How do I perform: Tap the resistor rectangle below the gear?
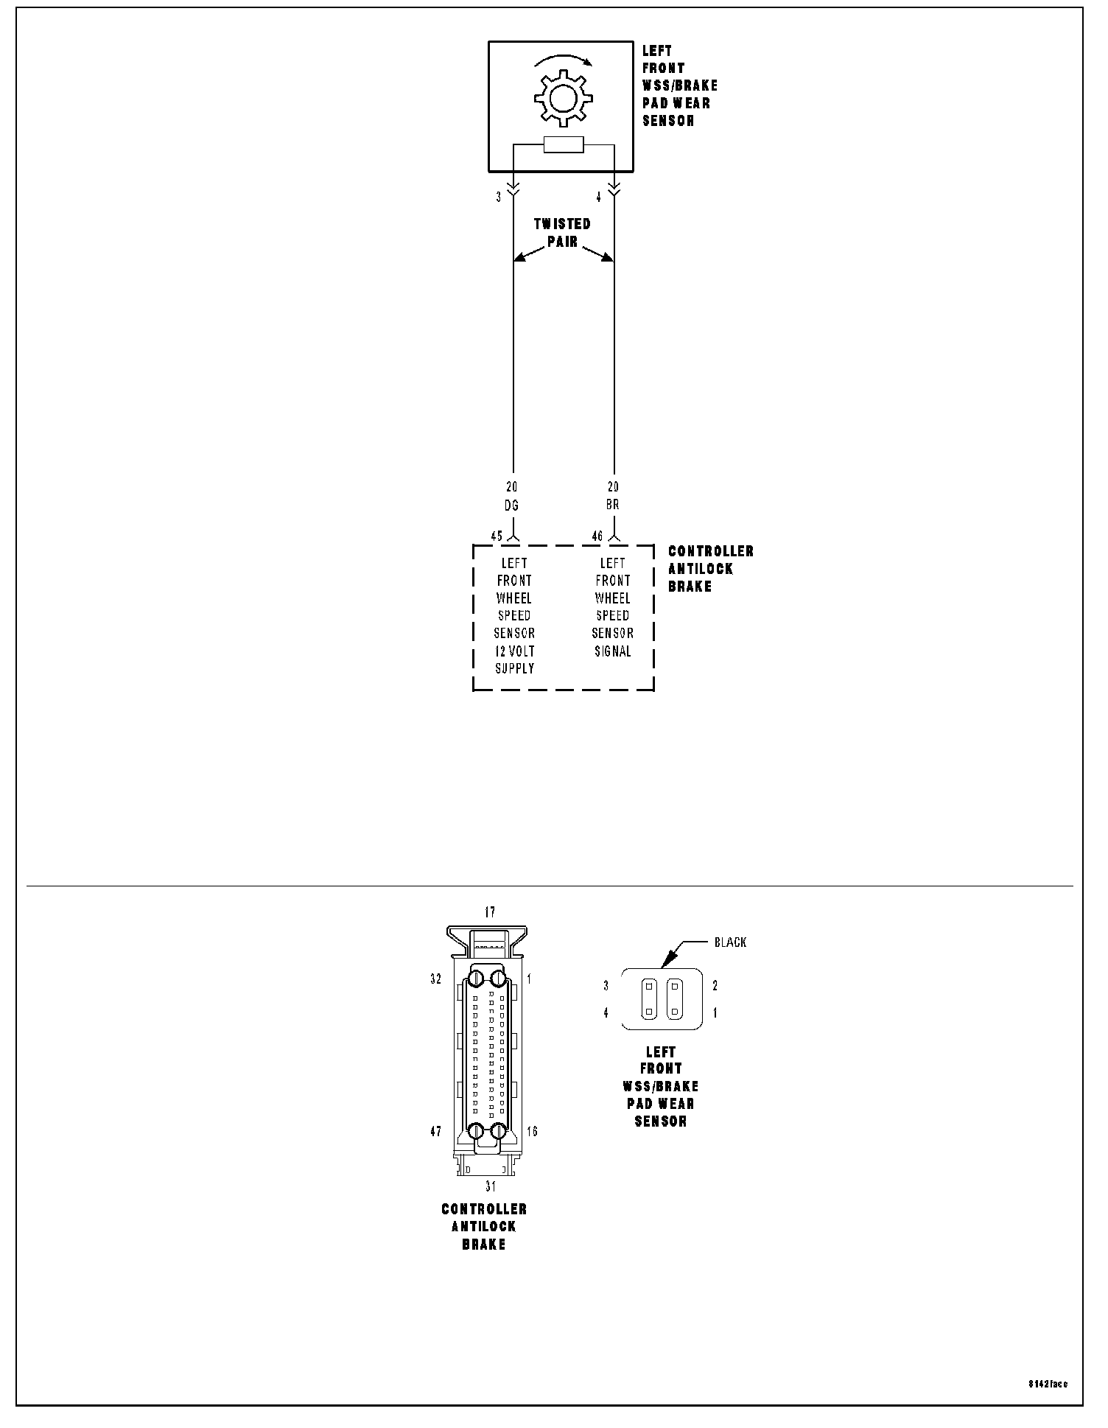click(564, 145)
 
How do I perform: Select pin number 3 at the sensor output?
click(499, 197)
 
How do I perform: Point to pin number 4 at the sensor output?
click(599, 197)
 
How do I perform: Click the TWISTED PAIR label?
click(562, 232)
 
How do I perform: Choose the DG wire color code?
click(511, 505)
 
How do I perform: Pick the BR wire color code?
click(612, 505)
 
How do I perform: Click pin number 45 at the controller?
click(497, 536)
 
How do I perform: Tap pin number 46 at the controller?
click(597, 536)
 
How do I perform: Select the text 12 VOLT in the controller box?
click(514, 651)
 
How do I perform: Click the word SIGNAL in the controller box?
click(612, 651)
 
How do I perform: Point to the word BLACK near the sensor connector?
click(730, 942)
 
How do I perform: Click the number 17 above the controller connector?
click(490, 913)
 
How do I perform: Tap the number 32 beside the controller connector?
click(436, 979)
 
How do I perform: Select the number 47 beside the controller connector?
click(436, 1132)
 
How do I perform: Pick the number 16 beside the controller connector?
click(532, 1132)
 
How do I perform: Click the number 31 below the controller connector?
click(490, 1186)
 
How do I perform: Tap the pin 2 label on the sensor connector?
click(715, 986)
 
